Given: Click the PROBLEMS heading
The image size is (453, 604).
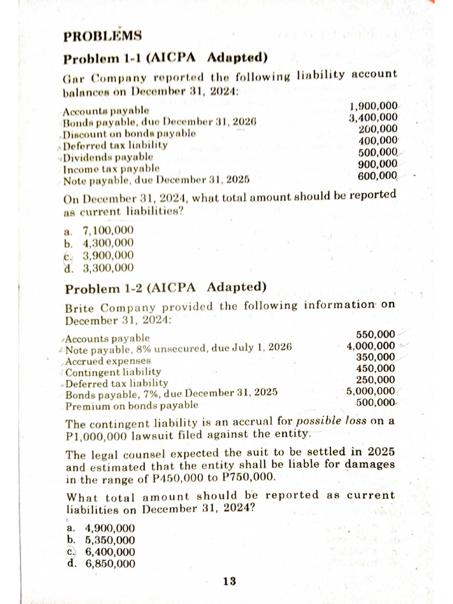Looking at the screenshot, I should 103,36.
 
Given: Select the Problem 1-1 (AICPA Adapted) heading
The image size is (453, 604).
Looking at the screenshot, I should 166,58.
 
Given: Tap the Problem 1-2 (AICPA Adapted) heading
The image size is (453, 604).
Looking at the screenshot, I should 166,288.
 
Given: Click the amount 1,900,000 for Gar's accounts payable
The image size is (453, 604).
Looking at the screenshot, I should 373,107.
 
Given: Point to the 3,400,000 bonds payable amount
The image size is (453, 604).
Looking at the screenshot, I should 373,117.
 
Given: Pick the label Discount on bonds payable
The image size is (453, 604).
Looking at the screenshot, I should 129,134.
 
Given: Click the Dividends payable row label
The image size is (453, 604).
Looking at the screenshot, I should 109,156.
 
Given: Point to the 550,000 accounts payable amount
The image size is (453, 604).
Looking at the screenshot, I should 376,334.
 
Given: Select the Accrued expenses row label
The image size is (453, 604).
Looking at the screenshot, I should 108,360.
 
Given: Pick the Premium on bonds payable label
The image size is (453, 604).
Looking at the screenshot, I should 132,406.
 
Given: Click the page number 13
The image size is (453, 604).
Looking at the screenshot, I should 229,582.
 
